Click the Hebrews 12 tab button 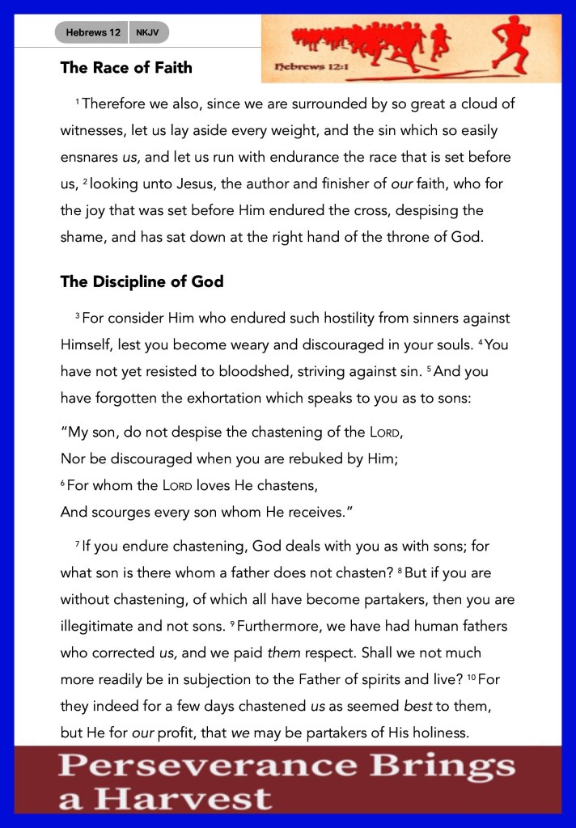(x=92, y=32)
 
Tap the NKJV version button (x=148, y=32)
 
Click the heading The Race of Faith (x=126, y=68)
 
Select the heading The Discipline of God (x=142, y=282)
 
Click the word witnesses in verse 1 (x=94, y=130)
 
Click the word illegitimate (x=101, y=626)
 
